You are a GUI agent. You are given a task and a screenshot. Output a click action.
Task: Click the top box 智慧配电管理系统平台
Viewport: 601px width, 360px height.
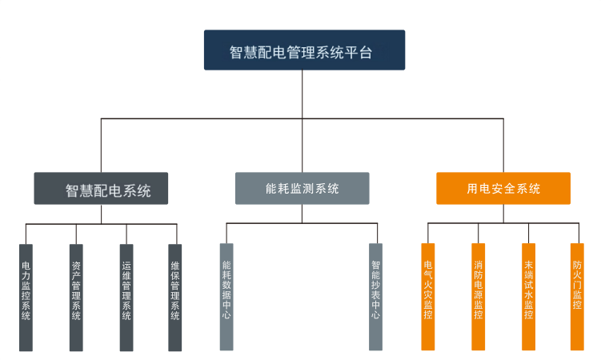point(304,50)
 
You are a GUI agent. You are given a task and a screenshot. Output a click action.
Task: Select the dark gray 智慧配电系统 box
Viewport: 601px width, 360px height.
point(101,189)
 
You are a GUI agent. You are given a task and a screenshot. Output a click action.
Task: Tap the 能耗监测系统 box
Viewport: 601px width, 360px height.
point(302,189)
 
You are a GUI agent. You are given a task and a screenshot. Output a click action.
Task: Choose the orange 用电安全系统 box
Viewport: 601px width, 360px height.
point(503,189)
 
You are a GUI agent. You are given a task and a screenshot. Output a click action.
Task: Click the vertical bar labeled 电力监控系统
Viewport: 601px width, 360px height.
point(26,297)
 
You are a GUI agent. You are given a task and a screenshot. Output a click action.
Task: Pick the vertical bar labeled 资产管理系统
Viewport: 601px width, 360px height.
point(76,297)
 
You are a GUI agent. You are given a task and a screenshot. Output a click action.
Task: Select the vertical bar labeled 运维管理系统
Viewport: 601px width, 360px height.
point(126,297)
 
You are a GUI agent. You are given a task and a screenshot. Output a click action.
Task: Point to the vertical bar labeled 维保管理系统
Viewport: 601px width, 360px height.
point(175,297)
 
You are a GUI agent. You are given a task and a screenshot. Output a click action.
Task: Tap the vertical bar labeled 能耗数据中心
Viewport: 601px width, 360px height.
point(226,297)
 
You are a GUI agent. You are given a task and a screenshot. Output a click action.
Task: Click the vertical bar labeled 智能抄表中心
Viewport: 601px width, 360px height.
point(376,297)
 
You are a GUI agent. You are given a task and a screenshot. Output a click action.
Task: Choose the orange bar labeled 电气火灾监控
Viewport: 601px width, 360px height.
point(428,297)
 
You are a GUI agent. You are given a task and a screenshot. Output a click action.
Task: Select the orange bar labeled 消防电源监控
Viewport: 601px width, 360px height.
point(479,297)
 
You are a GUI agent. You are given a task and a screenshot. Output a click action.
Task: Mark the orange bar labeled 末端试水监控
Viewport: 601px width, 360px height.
point(528,297)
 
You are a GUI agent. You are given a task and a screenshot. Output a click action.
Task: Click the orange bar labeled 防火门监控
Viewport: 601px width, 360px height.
point(577,297)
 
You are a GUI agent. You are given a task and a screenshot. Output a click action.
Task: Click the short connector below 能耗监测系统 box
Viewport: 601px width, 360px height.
point(302,213)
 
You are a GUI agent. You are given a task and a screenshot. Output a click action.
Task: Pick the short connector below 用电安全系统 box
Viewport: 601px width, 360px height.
point(503,213)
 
